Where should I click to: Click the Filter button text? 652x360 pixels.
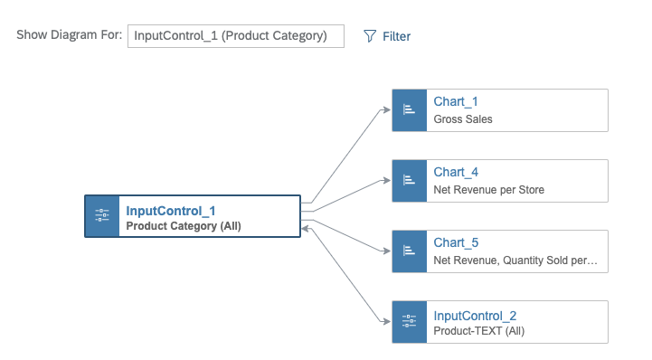396,37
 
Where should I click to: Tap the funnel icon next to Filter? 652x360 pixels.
369,36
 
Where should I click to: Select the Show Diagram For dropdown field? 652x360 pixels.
235,36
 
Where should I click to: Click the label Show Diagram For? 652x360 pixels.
69,36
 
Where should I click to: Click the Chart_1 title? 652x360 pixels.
456,101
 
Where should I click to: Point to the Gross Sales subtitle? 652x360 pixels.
463,118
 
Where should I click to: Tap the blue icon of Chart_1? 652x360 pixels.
409,109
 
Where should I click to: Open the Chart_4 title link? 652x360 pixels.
456,172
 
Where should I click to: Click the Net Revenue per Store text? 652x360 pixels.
488,189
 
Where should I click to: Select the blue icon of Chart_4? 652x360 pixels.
409,180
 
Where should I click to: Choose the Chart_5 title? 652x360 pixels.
456,242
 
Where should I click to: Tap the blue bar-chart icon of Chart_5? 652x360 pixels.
409,251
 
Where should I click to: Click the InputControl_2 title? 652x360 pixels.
475,315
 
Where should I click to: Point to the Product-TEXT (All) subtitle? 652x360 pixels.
478,331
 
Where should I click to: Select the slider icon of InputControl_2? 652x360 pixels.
409,321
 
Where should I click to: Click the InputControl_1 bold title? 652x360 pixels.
170,211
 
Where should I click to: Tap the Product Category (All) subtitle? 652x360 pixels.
183,226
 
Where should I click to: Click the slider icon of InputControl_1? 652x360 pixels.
102,216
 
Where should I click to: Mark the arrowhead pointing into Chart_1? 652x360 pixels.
387,109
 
